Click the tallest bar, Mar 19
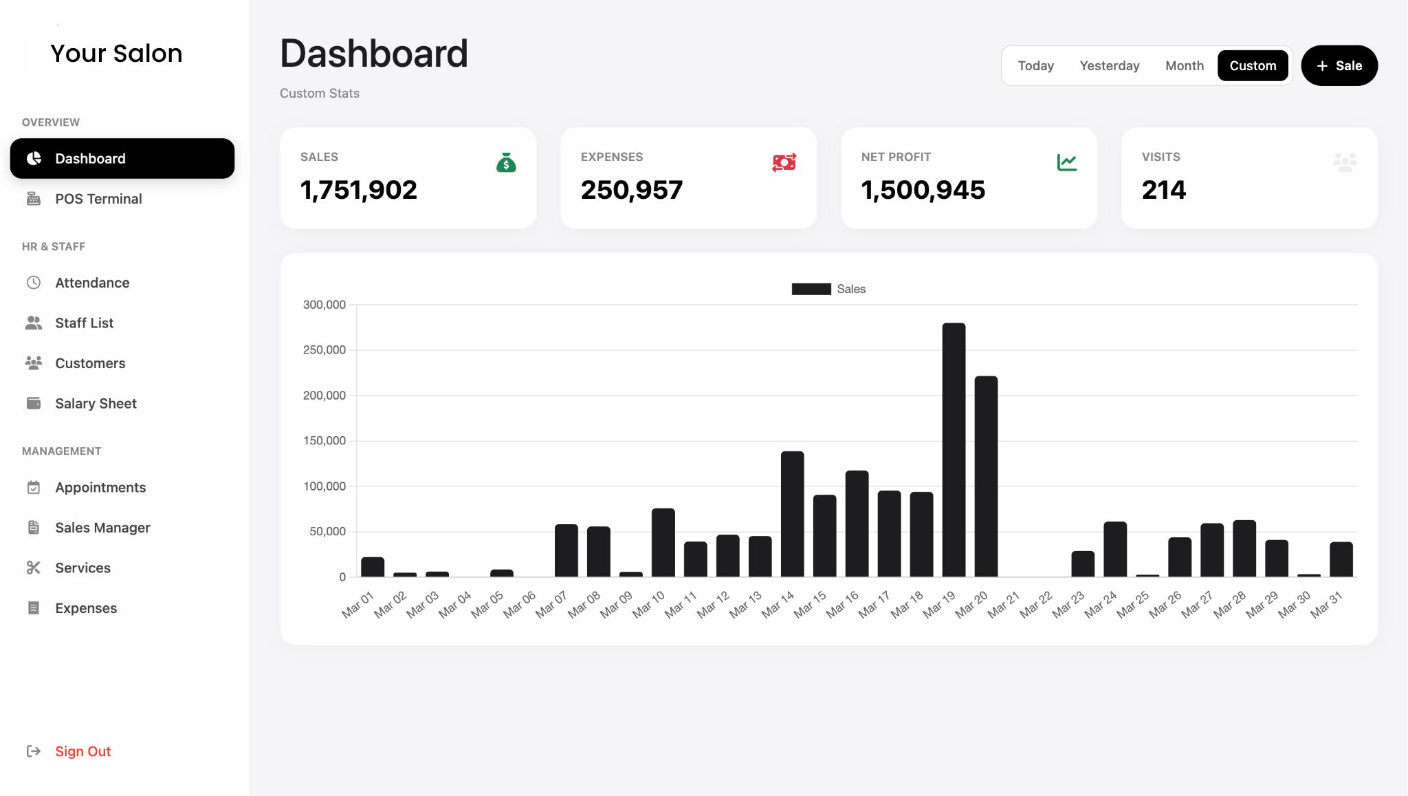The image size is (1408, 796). tap(954, 450)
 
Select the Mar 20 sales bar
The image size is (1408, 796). tap(986, 476)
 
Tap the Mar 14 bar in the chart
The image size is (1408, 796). tap(792, 514)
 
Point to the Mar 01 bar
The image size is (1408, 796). tap(373, 567)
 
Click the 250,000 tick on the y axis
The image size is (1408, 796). tap(324, 350)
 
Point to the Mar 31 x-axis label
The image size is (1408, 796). tap(1326, 605)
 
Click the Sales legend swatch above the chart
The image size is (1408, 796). tap(811, 289)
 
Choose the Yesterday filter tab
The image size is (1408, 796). tap(1109, 66)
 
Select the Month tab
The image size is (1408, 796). tap(1184, 66)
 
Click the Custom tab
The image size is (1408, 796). tap(1252, 66)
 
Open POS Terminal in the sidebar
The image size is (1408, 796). tap(98, 199)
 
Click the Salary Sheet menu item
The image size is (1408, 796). tap(96, 404)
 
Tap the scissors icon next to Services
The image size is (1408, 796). tap(34, 568)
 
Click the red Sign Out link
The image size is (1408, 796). tap(82, 751)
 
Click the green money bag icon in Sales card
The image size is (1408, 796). tap(506, 163)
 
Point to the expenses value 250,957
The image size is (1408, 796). tap(631, 190)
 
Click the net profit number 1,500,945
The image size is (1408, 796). tap(923, 190)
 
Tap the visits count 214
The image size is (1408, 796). tap(1163, 190)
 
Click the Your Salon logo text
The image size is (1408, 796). tap(116, 54)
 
